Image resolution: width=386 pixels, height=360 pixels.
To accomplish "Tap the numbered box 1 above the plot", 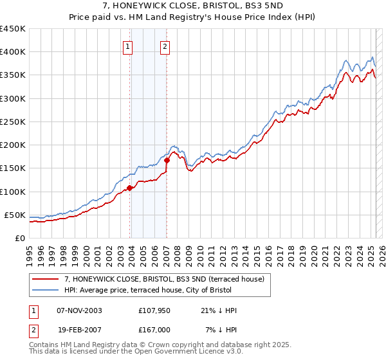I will point(128,46).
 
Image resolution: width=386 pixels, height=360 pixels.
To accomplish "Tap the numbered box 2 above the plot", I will point(165,46).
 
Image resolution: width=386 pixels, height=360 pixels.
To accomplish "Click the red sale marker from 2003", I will point(130,188).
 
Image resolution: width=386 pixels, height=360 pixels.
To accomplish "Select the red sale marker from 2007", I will point(167,160).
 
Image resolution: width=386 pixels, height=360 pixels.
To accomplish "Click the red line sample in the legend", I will point(46,280).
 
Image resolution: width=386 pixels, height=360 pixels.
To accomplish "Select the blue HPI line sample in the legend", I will point(46,290).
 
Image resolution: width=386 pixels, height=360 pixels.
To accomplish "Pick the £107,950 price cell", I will point(153,310).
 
